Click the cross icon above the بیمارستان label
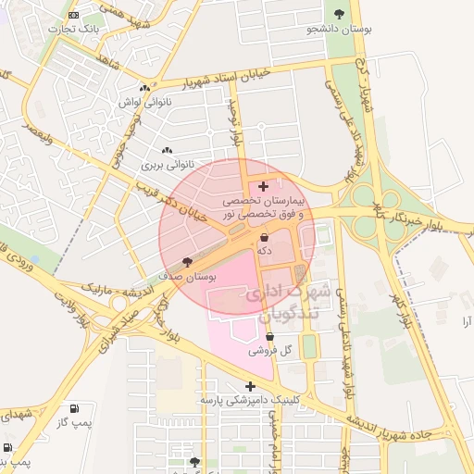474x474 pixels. [x=264, y=186]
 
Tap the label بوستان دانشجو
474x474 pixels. [x=341, y=30]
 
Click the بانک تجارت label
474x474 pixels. [x=78, y=27]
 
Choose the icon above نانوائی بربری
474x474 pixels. [x=167, y=151]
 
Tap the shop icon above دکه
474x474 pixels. [x=265, y=237]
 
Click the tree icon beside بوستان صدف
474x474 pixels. [x=188, y=262]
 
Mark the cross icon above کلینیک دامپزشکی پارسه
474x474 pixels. [x=250, y=386]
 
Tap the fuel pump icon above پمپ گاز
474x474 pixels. [x=74, y=408]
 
